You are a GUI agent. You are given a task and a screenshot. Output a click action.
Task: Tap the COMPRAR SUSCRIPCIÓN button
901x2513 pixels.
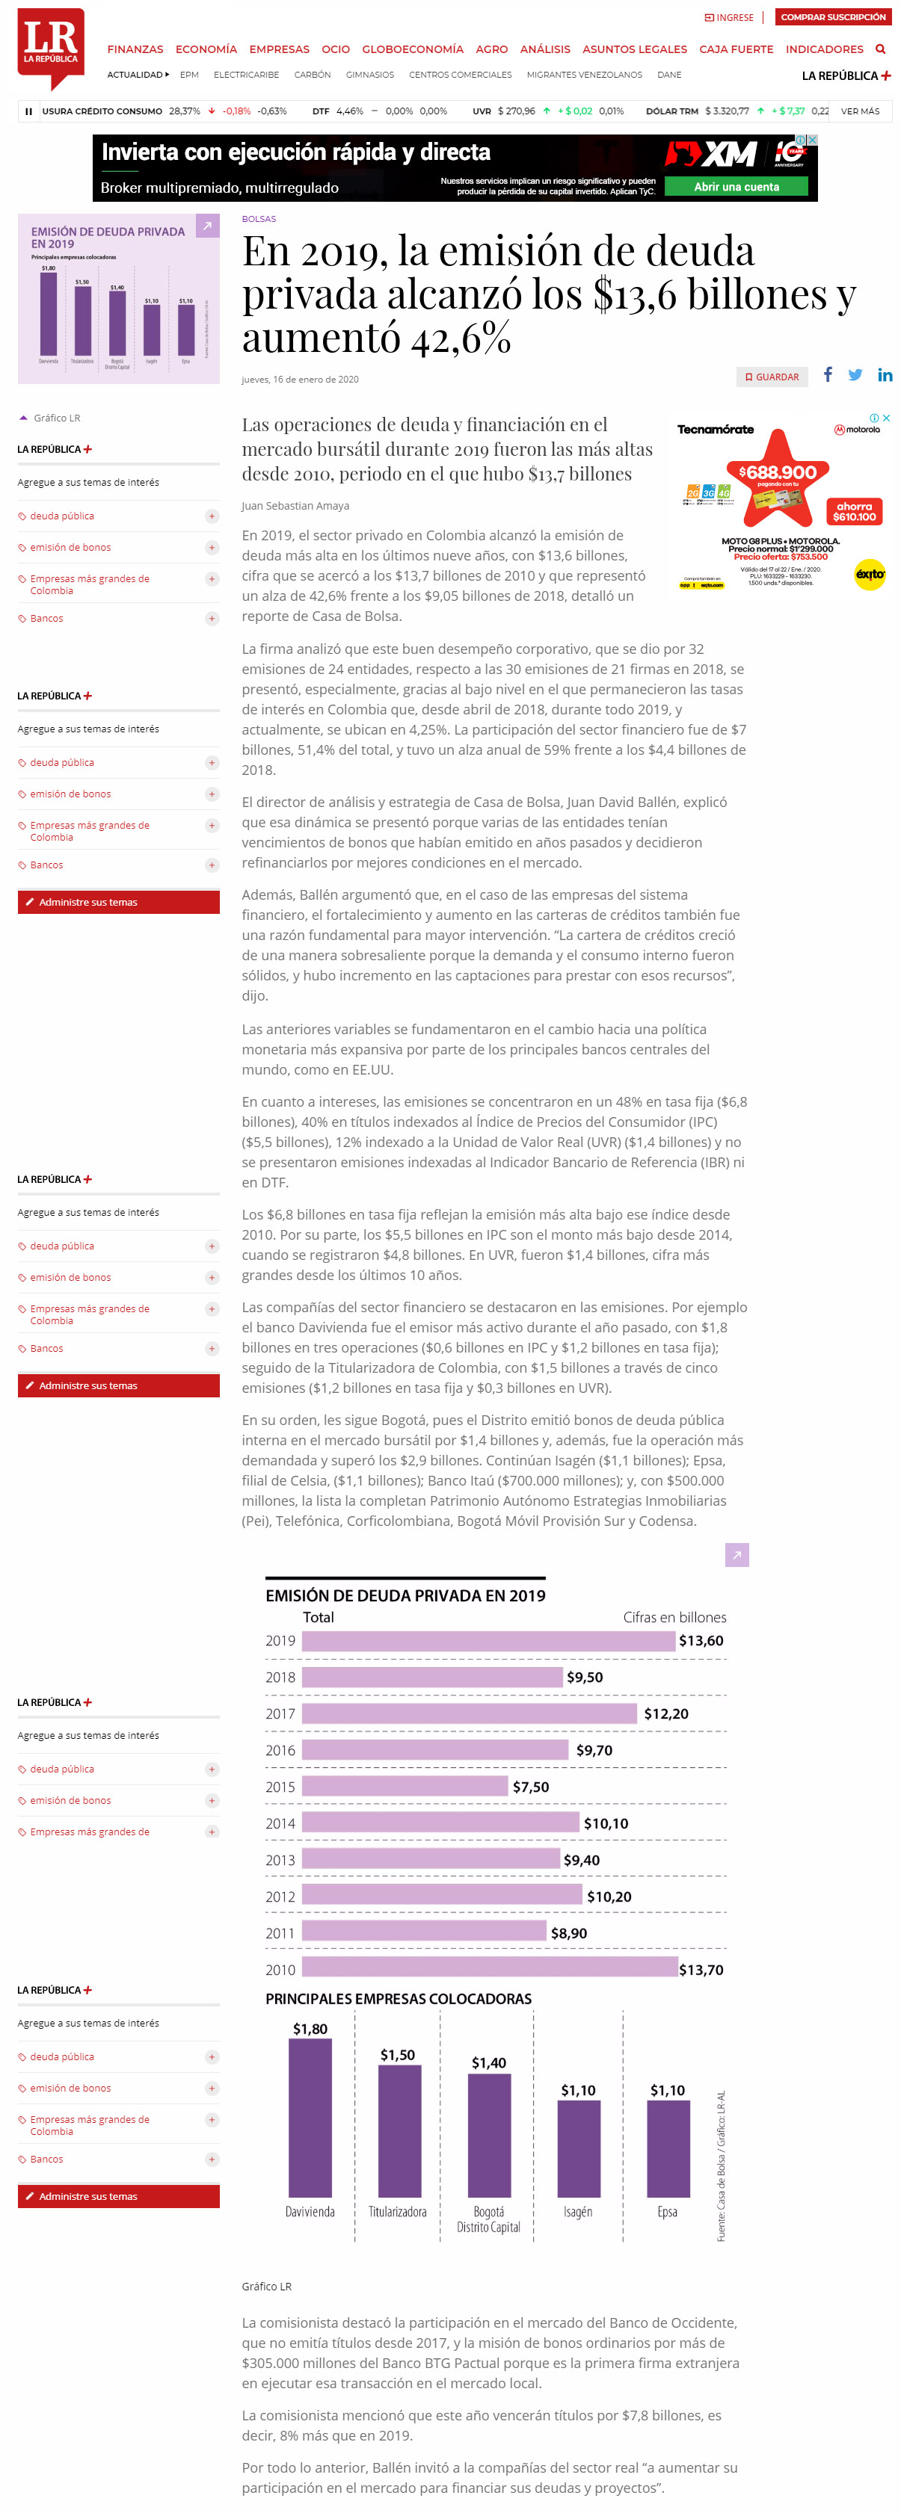point(833,16)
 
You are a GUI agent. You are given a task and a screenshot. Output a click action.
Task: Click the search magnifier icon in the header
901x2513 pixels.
point(881,49)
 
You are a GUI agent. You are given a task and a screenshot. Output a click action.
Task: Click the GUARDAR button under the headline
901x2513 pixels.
point(772,377)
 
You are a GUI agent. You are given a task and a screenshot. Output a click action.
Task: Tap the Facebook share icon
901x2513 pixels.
point(828,374)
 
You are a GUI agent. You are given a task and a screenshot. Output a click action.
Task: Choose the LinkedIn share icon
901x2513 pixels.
point(885,374)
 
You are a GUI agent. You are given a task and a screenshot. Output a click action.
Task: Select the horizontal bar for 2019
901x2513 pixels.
point(488,1641)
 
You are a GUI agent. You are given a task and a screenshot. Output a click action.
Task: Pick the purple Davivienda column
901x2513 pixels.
point(310,2118)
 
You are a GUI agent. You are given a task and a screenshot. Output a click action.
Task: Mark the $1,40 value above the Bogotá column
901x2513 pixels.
point(489,2062)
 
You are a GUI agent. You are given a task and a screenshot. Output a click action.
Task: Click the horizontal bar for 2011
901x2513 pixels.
point(424,1932)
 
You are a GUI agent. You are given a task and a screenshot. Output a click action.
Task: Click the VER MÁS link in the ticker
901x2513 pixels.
point(860,111)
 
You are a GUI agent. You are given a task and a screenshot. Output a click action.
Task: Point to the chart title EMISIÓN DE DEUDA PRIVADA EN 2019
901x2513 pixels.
point(405,1595)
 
